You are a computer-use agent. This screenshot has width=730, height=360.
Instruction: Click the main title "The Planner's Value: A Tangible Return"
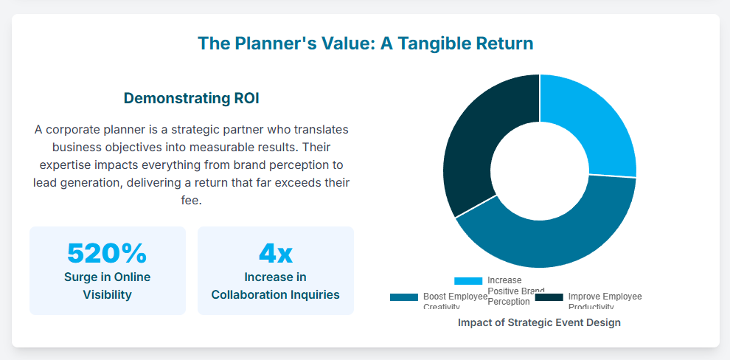click(365, 44)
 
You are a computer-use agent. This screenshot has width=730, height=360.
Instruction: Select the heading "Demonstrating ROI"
click(191, 98)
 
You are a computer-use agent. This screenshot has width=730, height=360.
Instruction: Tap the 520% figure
click(107, 253)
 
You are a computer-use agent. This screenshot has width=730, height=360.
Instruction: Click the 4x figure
click(275, 253)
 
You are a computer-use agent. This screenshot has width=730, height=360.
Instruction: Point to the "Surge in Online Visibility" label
click(107, 285)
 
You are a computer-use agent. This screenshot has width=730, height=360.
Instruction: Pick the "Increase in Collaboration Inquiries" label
click(275, 285)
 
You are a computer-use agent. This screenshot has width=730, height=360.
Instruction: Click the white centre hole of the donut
click(540, 171)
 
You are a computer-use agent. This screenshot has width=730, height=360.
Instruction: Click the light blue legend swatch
click(468, 281)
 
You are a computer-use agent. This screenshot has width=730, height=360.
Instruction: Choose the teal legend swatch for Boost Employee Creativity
click(404, 297)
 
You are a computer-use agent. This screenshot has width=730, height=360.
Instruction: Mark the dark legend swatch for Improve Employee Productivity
click(549, 297)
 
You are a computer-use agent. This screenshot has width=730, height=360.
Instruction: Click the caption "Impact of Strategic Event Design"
click(539, 322)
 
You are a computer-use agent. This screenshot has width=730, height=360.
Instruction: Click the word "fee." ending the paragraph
click(191, 200)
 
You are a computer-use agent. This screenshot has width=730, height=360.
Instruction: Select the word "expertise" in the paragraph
click(60, 165)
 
